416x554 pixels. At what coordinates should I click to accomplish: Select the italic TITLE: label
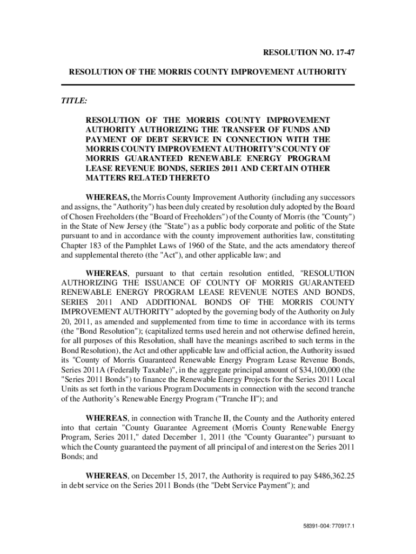pyautogui.click(x=74, y=101)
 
